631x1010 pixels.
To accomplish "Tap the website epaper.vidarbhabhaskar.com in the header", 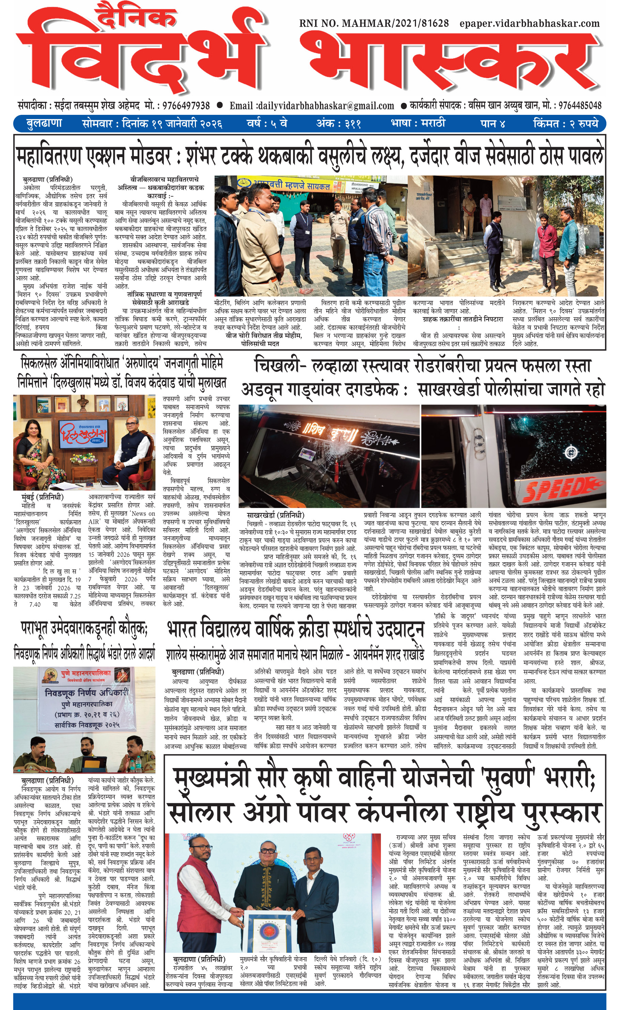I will click(x=529, y=24).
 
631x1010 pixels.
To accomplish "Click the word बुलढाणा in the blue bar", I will click(x=44, y=124).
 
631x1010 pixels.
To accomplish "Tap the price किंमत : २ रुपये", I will click(x=566, y=124).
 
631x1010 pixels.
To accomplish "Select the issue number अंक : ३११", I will click(x=338, y=124).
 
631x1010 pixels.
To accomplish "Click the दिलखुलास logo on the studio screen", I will click(x=83, y=435).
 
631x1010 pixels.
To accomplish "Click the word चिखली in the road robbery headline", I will click(x=275, y=366).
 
